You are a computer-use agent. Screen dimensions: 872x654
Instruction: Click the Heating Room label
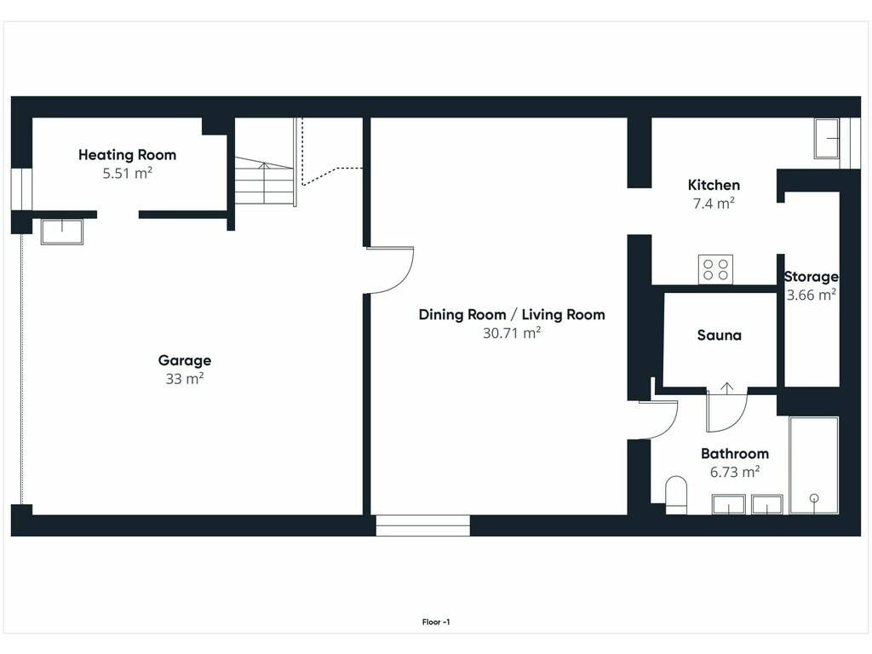click(128, 155)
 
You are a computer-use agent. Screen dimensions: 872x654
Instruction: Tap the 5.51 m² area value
click(128, 173)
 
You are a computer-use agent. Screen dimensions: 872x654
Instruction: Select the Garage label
click(185, 360)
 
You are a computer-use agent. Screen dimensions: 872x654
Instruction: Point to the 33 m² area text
click(185, 379)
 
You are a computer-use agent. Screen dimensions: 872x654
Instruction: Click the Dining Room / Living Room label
click(512, 315)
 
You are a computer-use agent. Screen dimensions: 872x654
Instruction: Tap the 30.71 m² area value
click(512, 333)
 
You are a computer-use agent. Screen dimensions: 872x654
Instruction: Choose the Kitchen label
click(714, 185)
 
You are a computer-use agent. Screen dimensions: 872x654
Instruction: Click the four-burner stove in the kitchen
click(715, 269)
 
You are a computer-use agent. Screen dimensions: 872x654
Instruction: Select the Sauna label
click(719, 336)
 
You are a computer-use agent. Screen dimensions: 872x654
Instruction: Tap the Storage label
click(812, 277)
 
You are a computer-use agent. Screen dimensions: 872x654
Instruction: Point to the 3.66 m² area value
click(812, 295)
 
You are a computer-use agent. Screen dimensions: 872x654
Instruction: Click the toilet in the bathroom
click(676, 495)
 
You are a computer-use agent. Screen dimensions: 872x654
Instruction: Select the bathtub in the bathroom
click(814, 466)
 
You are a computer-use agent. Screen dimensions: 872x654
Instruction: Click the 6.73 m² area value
click(735, 472)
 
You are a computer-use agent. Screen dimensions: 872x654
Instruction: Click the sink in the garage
click(61, 232)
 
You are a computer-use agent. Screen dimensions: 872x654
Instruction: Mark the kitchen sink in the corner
click(827, 139)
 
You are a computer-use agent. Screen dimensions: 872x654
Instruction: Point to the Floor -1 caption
click(436, 622)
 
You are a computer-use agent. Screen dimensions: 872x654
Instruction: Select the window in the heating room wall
click(21, 189)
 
